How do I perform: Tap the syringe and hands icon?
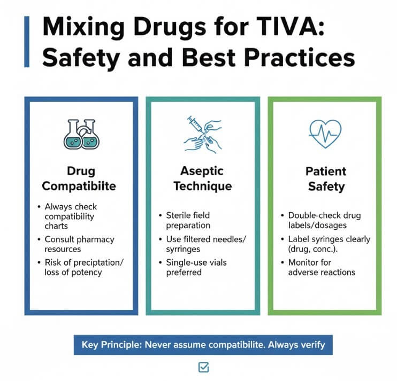coord(203,133)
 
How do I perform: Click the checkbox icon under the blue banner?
coord(203,367)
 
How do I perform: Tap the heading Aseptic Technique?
coord(203,178)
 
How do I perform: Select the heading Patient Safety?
coord(326,179)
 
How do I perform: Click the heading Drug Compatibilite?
coord(81,178)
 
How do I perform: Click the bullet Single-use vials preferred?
coord(197,267)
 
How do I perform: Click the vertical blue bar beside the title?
coord(27,42)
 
